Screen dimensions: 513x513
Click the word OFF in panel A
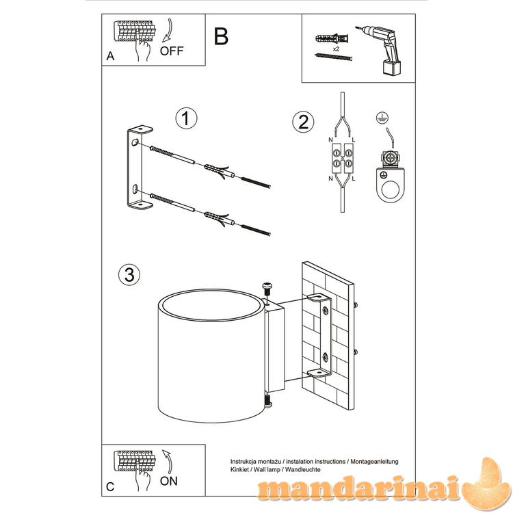(x=172, y=51)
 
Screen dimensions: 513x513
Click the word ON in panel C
(x=168, y=481)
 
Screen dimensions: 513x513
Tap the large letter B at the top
(x=221, y=36)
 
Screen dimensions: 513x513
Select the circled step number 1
(x=186, y=118)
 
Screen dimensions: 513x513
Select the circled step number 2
(x=303, y=122)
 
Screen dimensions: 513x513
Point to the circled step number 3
(x=129, y=274)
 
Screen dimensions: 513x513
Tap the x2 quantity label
(x=336, y=49)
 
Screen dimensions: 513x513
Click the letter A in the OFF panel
(x=110, y=56)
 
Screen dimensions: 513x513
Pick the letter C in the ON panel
(x=110, y=486)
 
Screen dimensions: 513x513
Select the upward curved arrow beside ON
(x=169, y=462)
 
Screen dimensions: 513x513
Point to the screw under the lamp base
(x=268, y=401)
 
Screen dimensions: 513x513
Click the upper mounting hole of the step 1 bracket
(x=134, y=142)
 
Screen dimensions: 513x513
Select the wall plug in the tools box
(x=332, y=39)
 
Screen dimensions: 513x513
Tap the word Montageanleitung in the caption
(x=375, y=462)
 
